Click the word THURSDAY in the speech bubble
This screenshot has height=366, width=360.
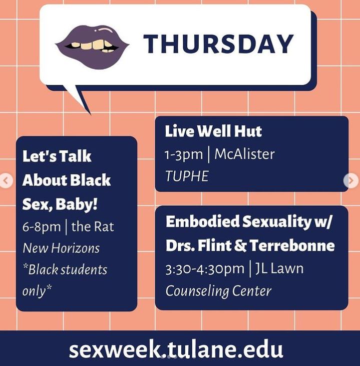coord(218,44)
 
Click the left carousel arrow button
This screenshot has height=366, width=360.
coord(6,180)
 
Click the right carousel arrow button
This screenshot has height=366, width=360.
coord(351,180)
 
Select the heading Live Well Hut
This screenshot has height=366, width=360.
coord(213,131)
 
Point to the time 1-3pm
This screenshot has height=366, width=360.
coord(184,155)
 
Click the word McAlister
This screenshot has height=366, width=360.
coord(244,154)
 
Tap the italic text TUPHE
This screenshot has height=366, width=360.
coord(187,176)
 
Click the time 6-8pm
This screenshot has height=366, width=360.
coord(42,227)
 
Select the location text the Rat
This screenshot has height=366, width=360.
coord(93,227)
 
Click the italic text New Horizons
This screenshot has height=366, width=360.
coord(61,248)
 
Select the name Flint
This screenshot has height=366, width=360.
coord(214,245)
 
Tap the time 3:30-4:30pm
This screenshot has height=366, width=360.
coord(205,269)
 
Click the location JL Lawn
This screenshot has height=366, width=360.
coord(279,268)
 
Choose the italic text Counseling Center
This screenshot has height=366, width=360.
coord(218,291)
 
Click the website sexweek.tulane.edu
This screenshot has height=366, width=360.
coord(176,349)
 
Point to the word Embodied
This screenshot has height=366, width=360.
coord(203,221)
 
